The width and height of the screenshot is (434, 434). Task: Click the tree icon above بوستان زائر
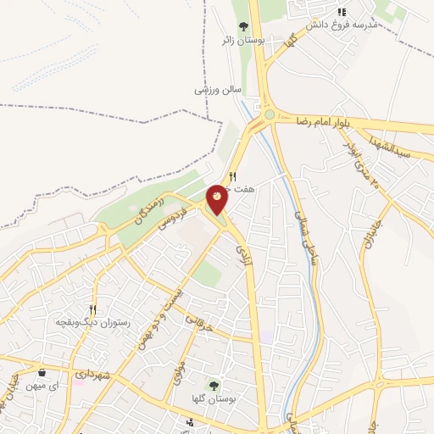tap(243, 25)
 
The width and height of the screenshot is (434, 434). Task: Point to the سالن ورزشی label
tap(219, 88)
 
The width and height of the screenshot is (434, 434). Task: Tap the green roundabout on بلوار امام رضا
tap(269, 114)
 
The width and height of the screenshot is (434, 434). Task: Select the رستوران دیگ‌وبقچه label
tap(92, 323)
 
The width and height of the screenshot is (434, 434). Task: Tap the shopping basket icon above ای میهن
tap(42, 372)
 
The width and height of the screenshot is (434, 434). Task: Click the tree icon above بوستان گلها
tap(214, 385)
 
